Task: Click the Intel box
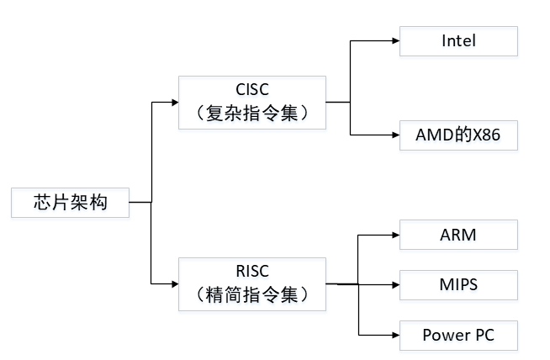point(458,41)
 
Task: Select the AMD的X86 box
point(458,135)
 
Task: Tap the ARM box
point(458,235)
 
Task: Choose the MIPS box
point(458,285)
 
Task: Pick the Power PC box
point(458,336)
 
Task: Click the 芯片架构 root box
point(70,203)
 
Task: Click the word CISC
point(252,89)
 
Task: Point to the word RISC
point(252,271)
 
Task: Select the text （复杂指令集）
point(252,113)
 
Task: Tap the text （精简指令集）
point(252,294)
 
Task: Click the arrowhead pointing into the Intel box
point(396,40)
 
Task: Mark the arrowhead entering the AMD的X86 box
point(396,135)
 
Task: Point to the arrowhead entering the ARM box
point(396,235)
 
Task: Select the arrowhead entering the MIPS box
point(396,284)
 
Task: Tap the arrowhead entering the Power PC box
point(396,335)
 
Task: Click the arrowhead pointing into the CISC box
point(175,103)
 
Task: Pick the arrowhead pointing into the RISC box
point(175,283)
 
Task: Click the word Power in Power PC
point(445,336)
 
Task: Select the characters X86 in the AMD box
point(487,135)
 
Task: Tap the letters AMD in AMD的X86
point(435,135)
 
